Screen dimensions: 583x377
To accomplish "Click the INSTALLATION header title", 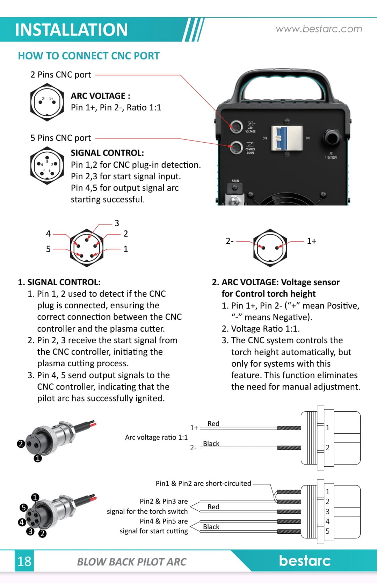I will (x=71, y=30).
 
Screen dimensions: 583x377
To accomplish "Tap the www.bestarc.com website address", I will (x=319, y=29).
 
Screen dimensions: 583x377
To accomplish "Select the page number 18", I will (x=24, y=561).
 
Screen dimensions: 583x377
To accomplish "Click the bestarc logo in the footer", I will (x=304, y=560).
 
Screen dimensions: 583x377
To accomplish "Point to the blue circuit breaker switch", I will (x=282, y=138).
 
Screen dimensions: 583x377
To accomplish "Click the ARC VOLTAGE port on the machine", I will (x=236, y=126).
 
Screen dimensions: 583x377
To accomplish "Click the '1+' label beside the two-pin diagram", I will (x=311, y=241).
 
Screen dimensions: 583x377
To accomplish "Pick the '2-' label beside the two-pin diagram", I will (x=230, y=241).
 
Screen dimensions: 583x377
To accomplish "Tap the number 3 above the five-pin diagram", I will (x=117, y=223).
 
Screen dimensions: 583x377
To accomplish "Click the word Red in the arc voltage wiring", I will (x=213, y=424).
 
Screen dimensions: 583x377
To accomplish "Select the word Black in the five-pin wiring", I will (x=211, y=527).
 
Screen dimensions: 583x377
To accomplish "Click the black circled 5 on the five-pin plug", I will (x=23, y=508).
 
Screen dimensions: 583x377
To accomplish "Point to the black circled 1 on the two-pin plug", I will (x=38, y=458).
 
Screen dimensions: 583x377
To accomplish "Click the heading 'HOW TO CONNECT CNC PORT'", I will (x=89, y=56).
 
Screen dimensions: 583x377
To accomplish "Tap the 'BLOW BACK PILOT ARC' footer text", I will (x=132, y=562).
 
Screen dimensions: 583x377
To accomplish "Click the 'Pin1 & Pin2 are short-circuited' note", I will (x=203, y=483).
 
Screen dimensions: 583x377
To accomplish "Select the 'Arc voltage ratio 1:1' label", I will (x=156, y=437).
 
